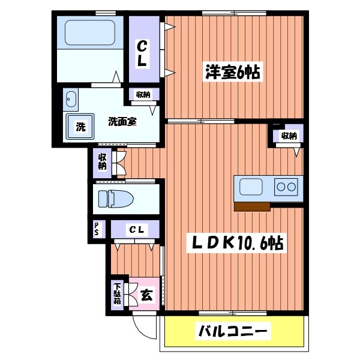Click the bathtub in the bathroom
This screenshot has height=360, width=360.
[x=90, y=31]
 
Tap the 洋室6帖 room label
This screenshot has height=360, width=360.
[x=230, y=73]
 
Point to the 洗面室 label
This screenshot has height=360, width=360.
[x=122, y=121]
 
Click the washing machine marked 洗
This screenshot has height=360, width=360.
[x=80, y=126]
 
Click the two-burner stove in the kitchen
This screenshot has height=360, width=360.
[x=286, y=187]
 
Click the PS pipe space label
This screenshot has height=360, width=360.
[x=96, y=229]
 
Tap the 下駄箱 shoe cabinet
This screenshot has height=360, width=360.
[x=117, y=293]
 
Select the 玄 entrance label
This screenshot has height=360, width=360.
[x=146, y=295]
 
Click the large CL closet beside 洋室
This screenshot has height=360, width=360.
[x=143, y=53]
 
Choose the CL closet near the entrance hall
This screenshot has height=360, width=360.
[x=136, y=229]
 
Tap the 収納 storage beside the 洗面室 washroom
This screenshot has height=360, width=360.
[x=143, y=94]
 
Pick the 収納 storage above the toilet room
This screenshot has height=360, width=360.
[x=101, y=162]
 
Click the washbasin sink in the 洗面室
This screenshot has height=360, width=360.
[x=71, y=98]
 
